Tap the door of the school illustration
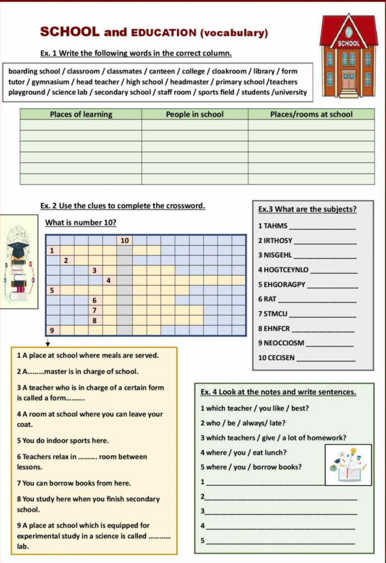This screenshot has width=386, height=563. (349, 80)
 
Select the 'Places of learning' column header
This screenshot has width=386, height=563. (81, 114)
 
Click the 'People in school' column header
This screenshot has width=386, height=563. (195, 114)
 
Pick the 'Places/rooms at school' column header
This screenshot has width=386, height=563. (311, 114)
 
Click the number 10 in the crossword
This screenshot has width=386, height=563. (125, 240)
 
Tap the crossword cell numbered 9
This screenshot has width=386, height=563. (52, 330)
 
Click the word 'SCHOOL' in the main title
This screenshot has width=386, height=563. (69, 32)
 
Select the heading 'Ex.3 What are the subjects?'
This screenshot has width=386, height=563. (307, 209)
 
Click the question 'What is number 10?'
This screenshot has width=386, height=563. (81, 223)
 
